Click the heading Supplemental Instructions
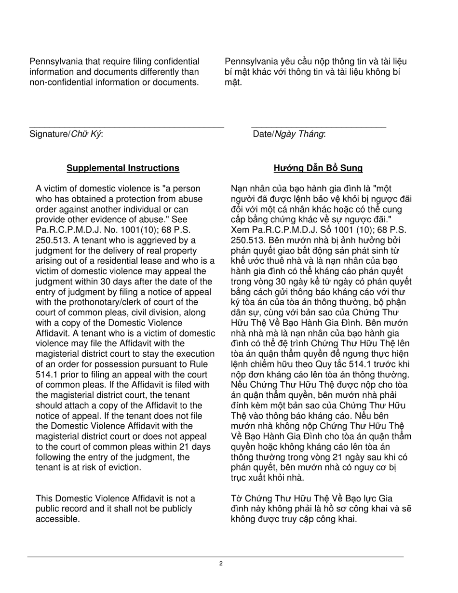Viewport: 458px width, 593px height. coord(123,168)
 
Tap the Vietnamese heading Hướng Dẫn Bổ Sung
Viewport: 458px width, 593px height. coord(318,168)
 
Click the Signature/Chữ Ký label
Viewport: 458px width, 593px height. coord(66,134)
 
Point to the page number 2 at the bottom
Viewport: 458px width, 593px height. coord(221,564)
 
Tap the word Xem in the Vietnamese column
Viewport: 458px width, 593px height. coord(240,230)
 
